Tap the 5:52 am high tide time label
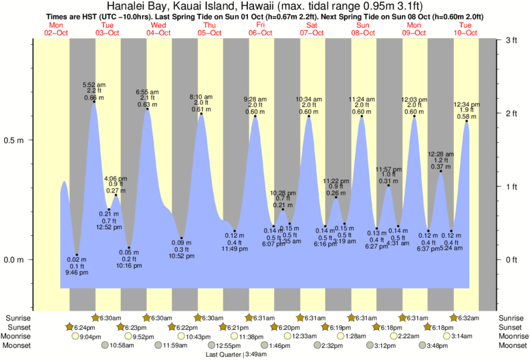coord(94,85)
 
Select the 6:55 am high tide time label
coord(147,92)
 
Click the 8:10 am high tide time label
coord(201,97)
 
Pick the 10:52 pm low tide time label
coord(181,256)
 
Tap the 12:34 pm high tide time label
coord(467,105)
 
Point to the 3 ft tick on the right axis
coord(512,41)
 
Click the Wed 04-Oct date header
coord(158,29)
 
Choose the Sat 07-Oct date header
coord(311,29)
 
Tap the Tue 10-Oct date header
coord(465,29)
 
